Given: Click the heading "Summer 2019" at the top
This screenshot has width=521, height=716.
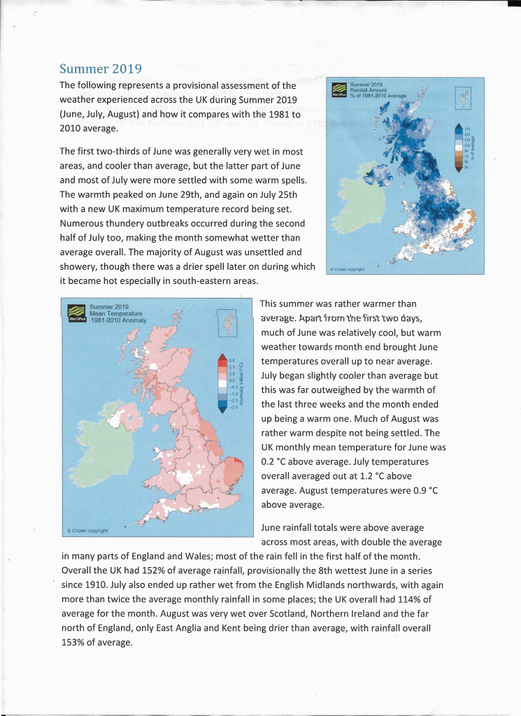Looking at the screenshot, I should click(x=101, y=69).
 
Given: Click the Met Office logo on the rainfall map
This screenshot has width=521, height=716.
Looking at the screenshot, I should click(x=339, y=90).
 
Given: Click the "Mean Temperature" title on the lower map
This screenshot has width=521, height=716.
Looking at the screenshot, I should click(x=116, y=313).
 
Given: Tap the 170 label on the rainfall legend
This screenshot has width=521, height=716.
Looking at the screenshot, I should click(x=468, y=128).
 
